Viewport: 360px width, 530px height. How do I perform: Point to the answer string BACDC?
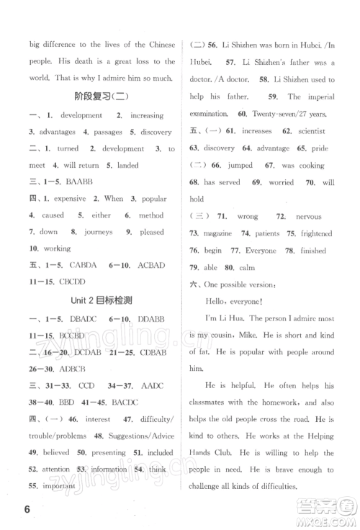[x=125, y=382]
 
